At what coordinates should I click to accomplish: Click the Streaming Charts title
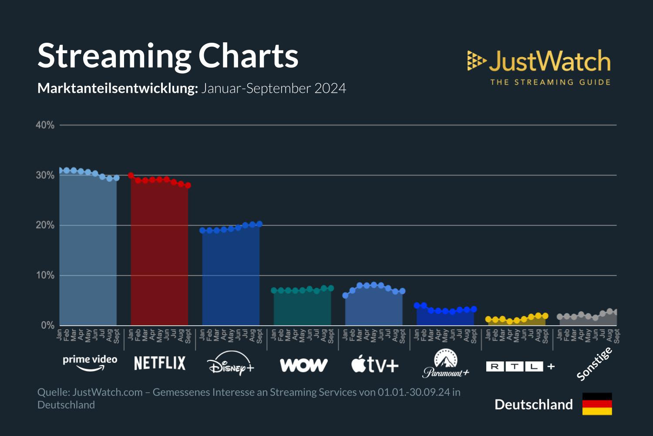click(168, 56)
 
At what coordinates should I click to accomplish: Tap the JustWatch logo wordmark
click(549, 61)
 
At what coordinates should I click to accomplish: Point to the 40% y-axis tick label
click(45, 126)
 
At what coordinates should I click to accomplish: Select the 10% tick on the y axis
click(45, 276)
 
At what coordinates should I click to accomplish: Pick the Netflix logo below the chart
click(160, 363)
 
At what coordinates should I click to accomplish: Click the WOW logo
click(303, 365)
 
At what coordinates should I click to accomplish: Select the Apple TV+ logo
click(375, 364)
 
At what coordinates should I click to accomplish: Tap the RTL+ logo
click(520, 366)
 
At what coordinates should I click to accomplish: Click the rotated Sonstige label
click(595, 364)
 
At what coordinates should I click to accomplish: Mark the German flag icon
click(597, 404)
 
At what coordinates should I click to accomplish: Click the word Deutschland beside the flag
click(534, 405)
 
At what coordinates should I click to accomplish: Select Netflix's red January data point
click(131, 175)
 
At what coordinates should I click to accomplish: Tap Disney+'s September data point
click(259, 224)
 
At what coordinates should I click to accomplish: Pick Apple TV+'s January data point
click(345, 296)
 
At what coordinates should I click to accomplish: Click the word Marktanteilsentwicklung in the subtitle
click(118, 89)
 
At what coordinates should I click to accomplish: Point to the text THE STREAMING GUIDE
click(550, 82)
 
